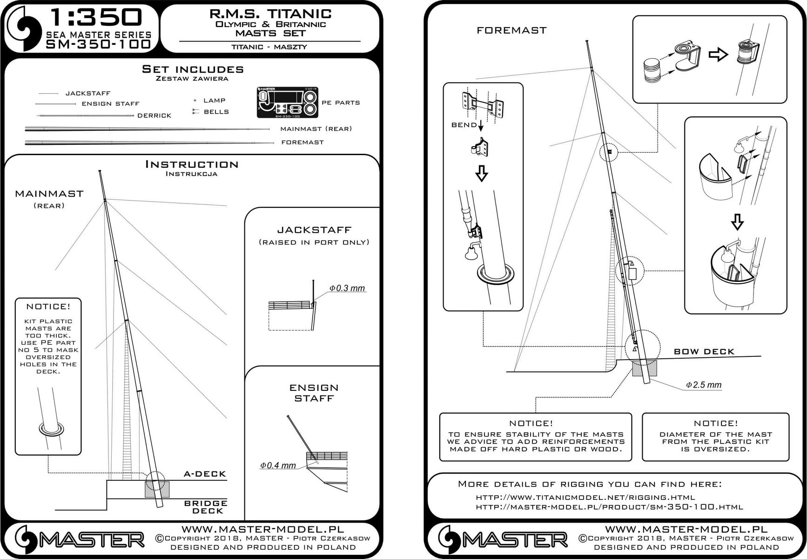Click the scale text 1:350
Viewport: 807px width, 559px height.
coord(96,18)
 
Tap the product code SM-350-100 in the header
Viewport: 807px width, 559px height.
coord(99,44)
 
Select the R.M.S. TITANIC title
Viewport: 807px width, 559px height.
coord(270,14)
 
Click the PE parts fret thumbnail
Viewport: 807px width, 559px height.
coord(287,102)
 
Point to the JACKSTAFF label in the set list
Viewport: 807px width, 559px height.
coord(88,93)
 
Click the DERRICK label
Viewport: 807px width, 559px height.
coord(155,116)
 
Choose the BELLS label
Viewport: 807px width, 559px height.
coord(216,112)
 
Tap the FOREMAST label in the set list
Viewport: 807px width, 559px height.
coord(303,142)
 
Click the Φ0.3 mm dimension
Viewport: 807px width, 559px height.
coord(347,288)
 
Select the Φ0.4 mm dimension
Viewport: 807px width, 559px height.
coord(278,465)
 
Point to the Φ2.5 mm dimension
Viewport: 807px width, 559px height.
coord(704,385)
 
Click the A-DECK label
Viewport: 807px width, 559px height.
coord(205,474)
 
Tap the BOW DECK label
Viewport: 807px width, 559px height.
coord(704,352)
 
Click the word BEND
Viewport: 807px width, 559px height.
coord(464,125)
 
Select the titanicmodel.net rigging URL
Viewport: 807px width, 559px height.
coord(585,497)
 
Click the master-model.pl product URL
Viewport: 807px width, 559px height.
coord(609,507)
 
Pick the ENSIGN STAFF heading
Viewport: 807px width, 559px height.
coord(314,393)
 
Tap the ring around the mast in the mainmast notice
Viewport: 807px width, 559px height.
coord(51,429)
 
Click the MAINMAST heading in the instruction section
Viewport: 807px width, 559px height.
coord(49,194)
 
